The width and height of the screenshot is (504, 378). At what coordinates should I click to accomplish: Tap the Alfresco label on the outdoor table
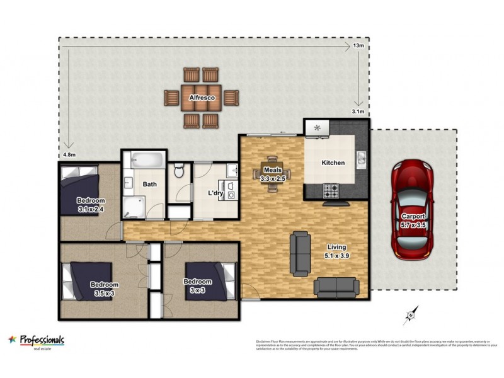pyautogui.click(x=202, y=98)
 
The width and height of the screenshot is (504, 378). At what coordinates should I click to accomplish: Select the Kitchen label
pyautogui.click(x=333, y=163)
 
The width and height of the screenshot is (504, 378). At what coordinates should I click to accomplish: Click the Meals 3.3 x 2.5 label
pyautogui.click(x=273, y=174)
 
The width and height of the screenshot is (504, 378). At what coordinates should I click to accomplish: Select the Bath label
pyautogui.click(x=149, y=185)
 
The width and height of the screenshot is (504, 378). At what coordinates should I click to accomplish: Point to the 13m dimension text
pyautogui.click(x=358, y=45)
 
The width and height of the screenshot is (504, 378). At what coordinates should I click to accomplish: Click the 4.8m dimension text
pyautogui.click(x=69, y=154)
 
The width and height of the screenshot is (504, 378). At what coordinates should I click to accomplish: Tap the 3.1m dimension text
pyautogui.click(x=357, y=112)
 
